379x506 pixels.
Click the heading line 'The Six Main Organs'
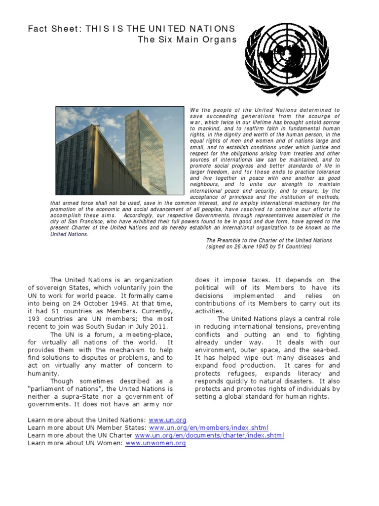point(187,40)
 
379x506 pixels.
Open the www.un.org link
point(170,420)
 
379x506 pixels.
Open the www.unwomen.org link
point(155,443)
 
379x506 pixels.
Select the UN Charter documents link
point(209,435)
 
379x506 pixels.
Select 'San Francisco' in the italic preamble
point(75,222)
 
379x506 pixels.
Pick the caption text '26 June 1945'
point(252,247)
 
